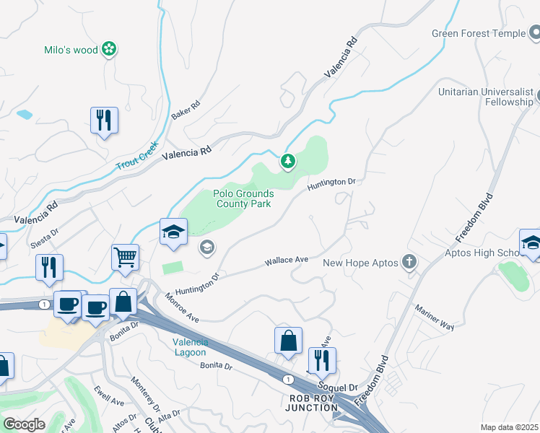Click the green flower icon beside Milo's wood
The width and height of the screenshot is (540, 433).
109,49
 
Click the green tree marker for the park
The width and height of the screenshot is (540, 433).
288,161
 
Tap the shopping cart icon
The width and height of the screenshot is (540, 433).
125,256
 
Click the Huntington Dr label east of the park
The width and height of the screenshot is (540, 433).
331,185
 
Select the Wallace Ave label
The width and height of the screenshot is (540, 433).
287,260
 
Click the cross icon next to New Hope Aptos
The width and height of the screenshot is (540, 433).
410,263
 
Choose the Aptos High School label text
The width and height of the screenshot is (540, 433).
475,252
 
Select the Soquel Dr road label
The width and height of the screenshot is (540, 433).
343,388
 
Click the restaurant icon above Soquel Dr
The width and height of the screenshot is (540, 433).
322,360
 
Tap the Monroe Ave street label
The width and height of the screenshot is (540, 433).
181,307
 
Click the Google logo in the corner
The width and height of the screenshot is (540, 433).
24,424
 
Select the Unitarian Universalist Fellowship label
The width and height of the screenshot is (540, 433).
486,97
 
